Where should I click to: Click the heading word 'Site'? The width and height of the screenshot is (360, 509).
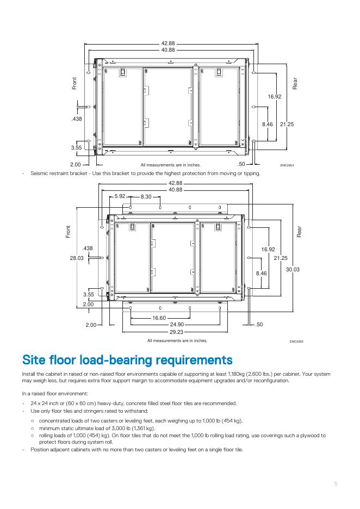click(36, 360)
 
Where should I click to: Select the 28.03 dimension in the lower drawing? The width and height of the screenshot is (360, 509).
click(77, 258)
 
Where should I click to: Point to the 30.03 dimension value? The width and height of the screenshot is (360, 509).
click(293, 269)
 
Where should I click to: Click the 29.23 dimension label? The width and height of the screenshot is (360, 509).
click(176, 331)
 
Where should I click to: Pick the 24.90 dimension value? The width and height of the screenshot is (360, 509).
click(176, 324)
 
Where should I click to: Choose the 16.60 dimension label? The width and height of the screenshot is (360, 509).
click(159, 317)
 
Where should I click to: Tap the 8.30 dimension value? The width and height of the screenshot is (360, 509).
click(146, 196)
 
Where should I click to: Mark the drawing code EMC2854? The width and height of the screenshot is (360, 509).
click(287, 164)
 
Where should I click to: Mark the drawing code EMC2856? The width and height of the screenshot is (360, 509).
click(296, 342)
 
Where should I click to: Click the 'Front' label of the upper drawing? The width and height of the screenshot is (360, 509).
click(75, 83)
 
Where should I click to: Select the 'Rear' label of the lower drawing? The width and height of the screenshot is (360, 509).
click(299, 231)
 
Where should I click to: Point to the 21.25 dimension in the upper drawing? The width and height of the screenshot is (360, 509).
click(287, 125)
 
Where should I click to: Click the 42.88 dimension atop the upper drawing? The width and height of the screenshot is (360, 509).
click(168, 43)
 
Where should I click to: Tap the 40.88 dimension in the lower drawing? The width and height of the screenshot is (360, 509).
click(175, 190)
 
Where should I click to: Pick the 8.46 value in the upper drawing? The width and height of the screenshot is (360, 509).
click(267, 125)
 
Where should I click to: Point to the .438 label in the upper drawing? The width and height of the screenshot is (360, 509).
click(77, 119)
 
